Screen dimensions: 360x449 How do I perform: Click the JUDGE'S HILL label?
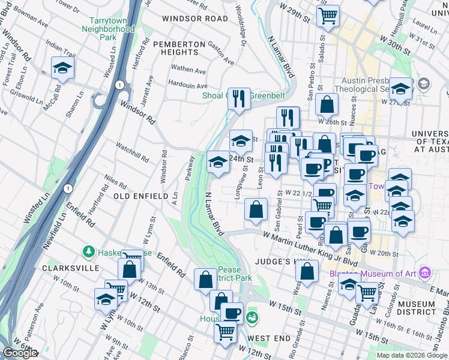280,262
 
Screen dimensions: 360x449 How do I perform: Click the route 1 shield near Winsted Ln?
69,188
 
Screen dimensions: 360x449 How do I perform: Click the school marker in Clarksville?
106,299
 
